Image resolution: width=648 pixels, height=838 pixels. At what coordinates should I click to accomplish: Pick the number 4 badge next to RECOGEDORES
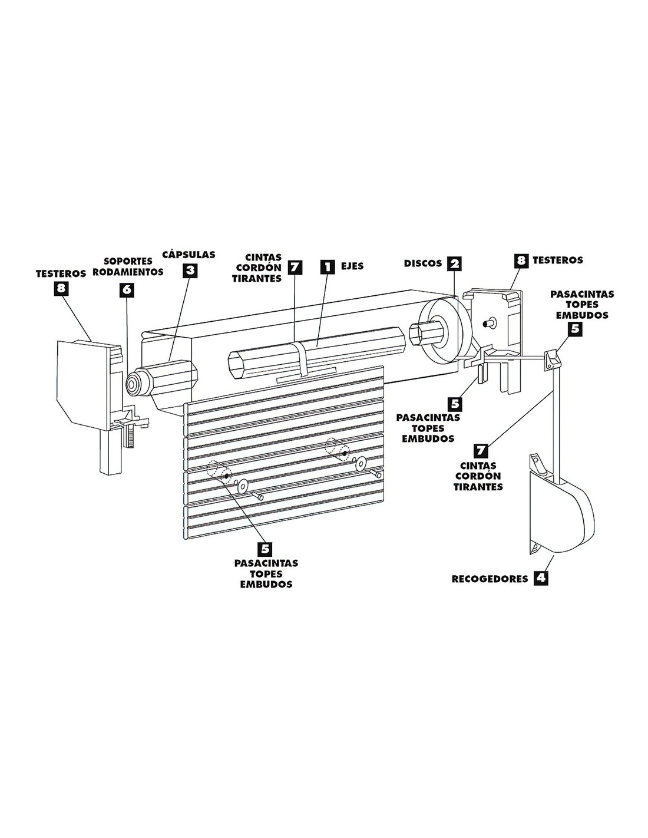540,578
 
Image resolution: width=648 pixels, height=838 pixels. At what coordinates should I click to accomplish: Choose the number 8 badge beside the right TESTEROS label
521,260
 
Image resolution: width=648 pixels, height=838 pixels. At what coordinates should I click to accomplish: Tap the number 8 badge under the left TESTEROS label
61,288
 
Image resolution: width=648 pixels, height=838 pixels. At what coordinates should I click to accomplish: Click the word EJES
352,266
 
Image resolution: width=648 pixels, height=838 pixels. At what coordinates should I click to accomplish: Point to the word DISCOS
422,263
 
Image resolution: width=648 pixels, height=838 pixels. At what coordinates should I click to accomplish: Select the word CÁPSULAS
189,255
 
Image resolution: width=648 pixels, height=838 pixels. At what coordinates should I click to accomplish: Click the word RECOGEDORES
490,579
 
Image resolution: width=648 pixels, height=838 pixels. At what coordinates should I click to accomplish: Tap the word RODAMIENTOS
128,272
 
